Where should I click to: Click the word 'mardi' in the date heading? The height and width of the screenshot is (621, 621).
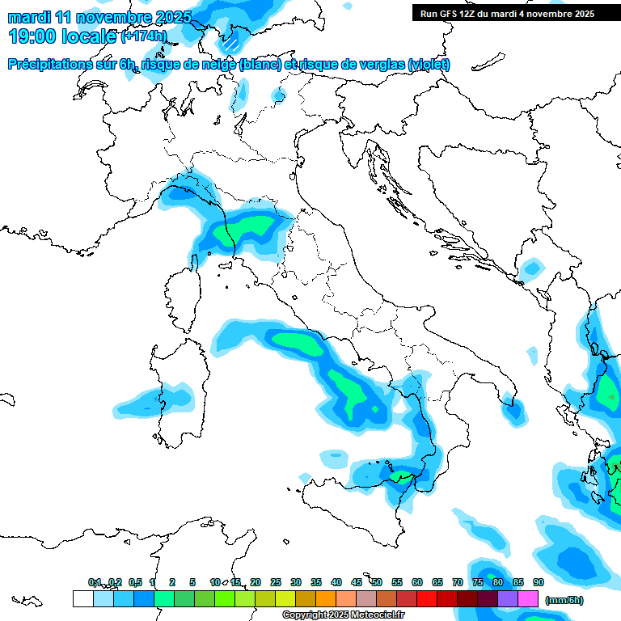[x=29, y=17]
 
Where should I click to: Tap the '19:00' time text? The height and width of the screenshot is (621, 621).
[x=32, y=36]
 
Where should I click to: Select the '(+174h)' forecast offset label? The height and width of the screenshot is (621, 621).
[x=143, y=36]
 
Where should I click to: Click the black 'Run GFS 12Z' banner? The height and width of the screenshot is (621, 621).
[x=507, y=14]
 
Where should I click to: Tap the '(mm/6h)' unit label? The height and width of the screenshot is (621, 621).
[x=564, y=599]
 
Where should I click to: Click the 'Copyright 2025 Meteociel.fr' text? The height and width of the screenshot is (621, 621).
[x=344, y=615]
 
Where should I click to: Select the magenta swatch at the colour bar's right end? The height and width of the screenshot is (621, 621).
[x=528, y=599]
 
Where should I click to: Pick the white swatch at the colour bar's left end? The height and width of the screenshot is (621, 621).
[x=82, y=599]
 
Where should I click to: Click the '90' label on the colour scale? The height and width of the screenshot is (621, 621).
[x=538, y=582]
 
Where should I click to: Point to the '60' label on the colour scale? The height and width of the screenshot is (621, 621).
[x=417, y=582]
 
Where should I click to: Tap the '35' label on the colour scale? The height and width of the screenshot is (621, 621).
[x=316, y=582]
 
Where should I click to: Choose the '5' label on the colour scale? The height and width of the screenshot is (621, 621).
[x=192, y=582]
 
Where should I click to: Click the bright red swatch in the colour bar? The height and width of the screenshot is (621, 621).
[x=427, y=599]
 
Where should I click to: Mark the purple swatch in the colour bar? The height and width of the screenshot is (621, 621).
[x=508, y=599]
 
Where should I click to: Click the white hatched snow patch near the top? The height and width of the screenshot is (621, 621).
[x=231, y=41]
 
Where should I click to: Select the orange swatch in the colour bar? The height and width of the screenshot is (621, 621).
[x=326, y=599]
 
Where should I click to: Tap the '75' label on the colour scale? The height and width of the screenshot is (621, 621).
[x=478, y=582]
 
